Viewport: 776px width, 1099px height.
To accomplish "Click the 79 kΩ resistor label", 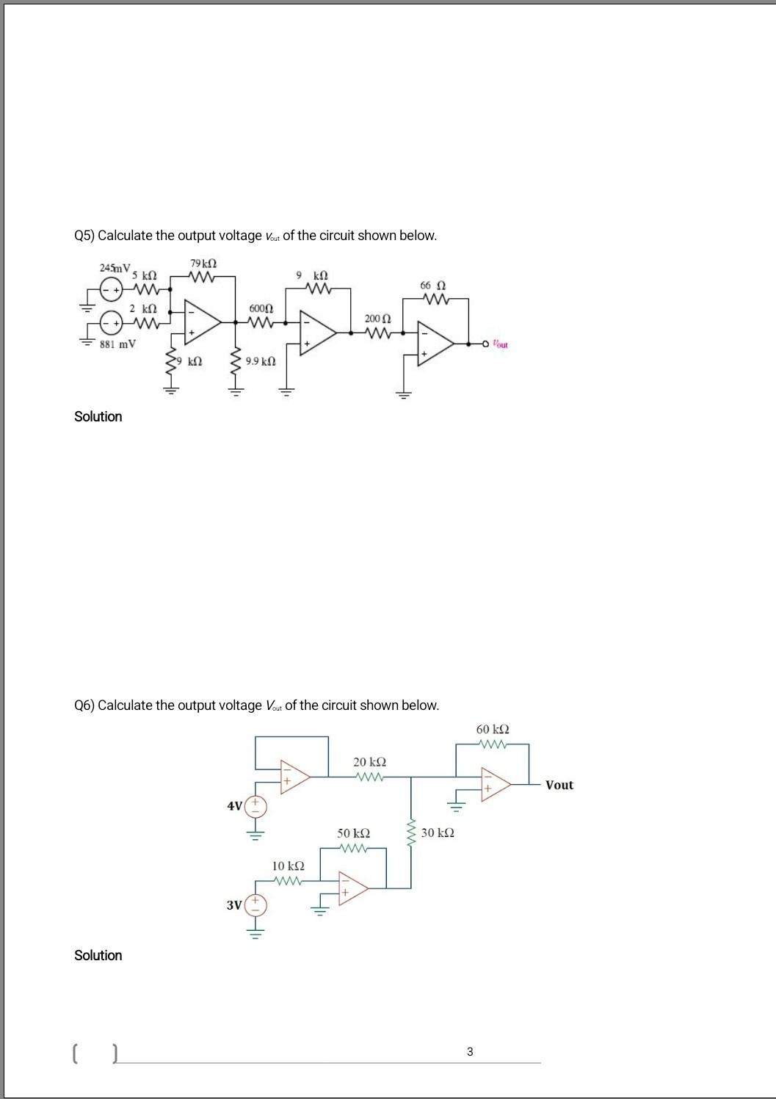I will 203,264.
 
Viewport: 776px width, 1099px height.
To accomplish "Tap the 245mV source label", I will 115,268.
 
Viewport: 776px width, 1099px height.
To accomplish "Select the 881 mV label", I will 117,344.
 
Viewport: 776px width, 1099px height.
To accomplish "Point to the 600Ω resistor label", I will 261,308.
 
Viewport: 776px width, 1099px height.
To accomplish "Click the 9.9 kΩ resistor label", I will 261,361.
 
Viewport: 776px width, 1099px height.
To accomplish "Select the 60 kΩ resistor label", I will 493,730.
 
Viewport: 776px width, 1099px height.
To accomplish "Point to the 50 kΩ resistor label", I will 353,833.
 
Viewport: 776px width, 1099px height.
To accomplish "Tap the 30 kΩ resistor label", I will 438,833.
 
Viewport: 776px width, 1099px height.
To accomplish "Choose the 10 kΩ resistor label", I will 288,866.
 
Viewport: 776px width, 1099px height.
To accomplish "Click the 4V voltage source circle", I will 256,807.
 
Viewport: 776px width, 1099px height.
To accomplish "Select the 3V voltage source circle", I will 256,905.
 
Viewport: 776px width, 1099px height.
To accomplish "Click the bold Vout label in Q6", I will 559,785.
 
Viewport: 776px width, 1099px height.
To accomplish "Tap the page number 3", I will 470,1052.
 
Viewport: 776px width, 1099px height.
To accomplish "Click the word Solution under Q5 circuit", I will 98,416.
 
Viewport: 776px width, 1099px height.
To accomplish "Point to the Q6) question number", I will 84,706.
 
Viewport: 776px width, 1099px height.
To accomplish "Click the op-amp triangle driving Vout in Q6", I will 494,783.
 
